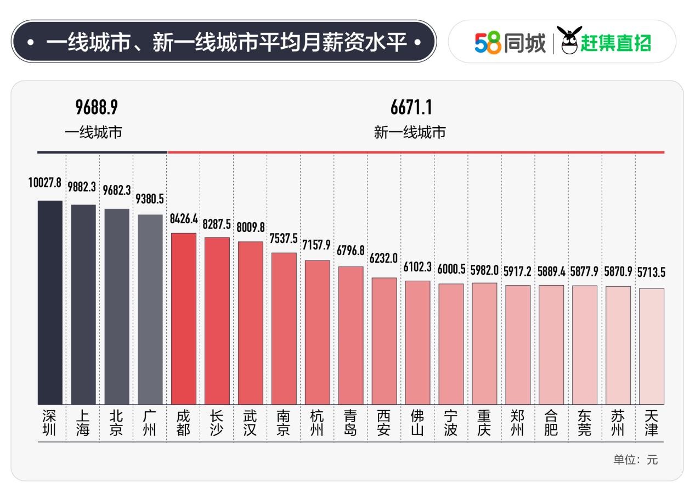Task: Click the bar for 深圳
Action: tap(50, 302)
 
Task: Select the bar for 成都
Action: tap(184, 319)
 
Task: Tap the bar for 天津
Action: tap(652, 346)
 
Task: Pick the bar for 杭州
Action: tap(318, 332)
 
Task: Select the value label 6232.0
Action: tap(383, 258)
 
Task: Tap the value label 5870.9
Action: tap(618, 271)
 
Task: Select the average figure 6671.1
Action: tap(411, 107)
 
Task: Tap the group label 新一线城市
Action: tap(410, 132)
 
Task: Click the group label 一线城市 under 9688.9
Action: tap(94, 132)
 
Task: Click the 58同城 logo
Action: tap(510, 43)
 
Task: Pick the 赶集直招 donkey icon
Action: tap(568, 41)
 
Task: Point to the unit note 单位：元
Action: tap(635, 460)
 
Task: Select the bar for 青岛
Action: tap(351, 335)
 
